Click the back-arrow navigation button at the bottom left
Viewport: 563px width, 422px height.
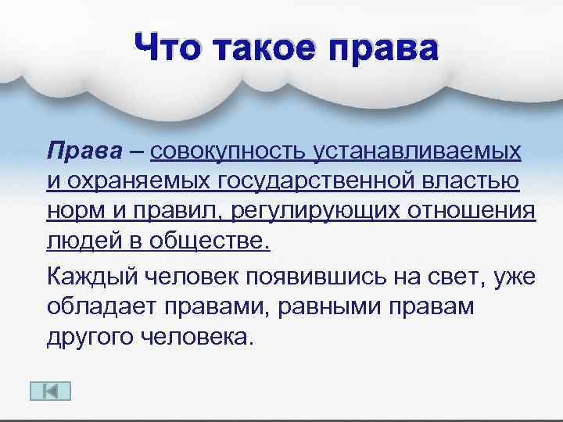49,391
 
